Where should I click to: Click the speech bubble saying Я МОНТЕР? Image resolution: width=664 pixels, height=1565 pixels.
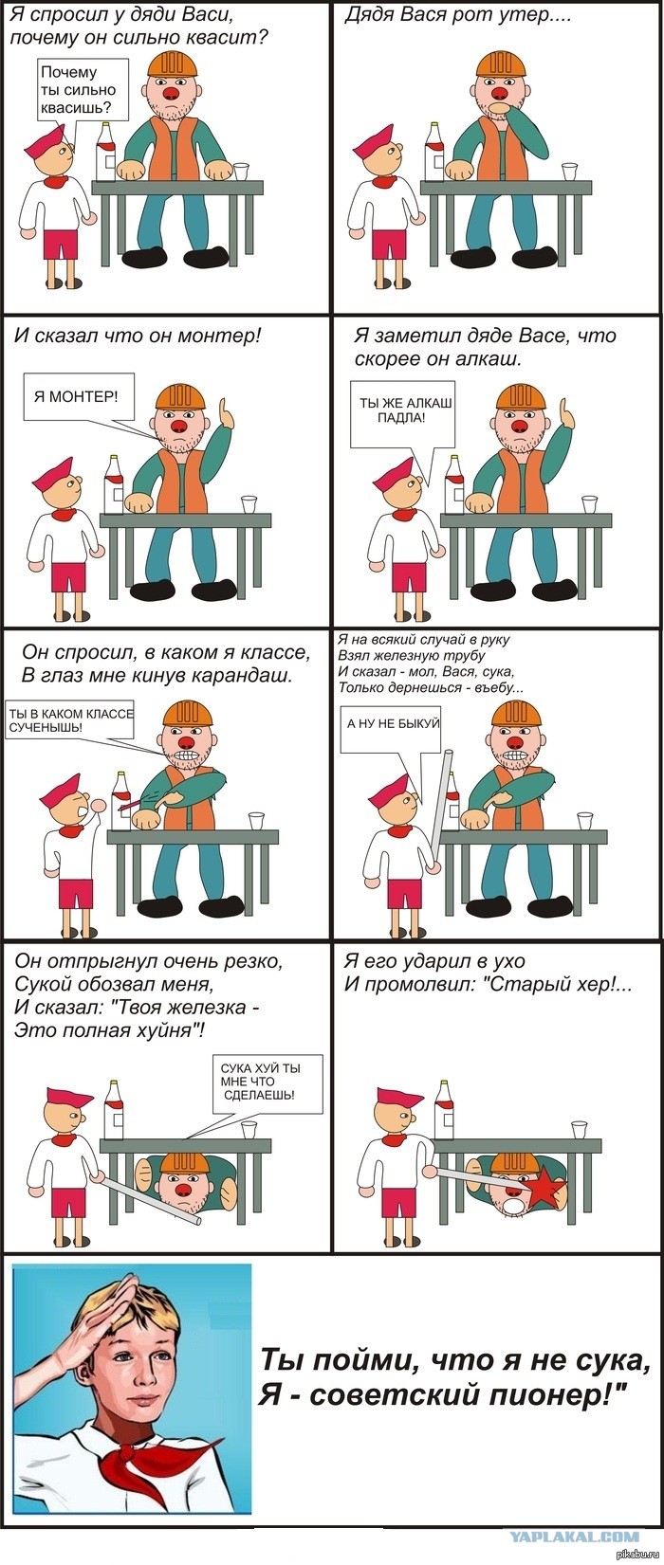coord(76,397)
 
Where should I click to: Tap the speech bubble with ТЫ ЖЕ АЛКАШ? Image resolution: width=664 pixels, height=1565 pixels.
coord(402,413)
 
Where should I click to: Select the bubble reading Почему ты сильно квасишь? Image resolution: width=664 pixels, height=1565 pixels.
coord(83,91)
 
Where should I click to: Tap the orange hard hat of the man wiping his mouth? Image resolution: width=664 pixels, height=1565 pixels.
coord(502,62)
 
